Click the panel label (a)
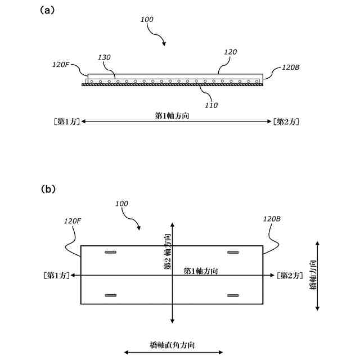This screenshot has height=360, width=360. click(48, 10)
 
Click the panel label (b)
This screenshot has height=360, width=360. click(48, 189)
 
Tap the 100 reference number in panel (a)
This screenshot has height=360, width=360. click(147, 19)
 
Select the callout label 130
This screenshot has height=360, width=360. click(105, 57)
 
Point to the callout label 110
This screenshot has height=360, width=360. click(211, 105)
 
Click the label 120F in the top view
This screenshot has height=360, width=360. click(61, 65)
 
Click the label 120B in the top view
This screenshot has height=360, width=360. click(290, 67)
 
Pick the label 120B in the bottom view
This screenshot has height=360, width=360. click(271, 219)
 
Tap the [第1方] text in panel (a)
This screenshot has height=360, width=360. click(65, 121)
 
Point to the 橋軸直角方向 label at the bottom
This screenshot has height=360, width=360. click(173, 344)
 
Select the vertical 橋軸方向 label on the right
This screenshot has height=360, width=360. click(313, 275)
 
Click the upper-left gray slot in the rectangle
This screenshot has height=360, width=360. click(111, 253)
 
